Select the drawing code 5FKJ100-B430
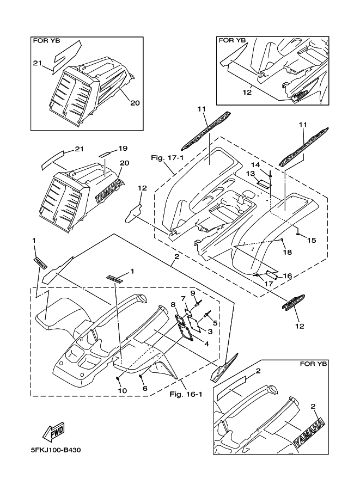[57, 450]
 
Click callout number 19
[122, 148]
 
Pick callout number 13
[251, 173]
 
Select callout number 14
[255, 164]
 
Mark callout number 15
[312, 240]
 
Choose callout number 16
[288, 276]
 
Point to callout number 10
[123, 391]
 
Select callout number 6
[144, 389]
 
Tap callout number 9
[193, 293]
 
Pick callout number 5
[215, 323]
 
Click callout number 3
[209, 331]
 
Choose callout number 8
[173, 305]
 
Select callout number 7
[183, 298]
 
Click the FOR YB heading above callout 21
[46, 40]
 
